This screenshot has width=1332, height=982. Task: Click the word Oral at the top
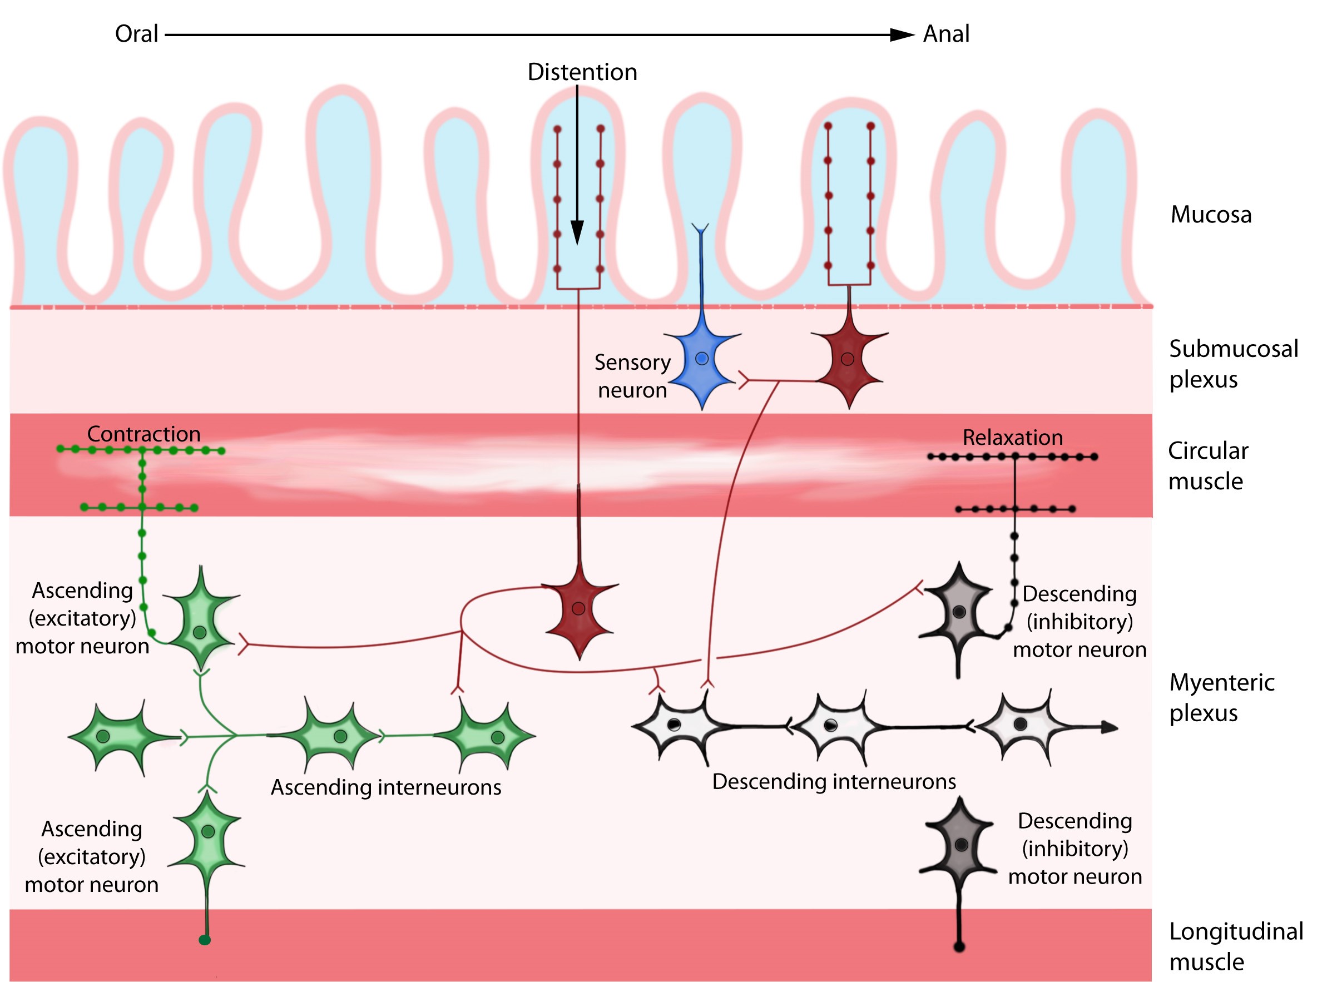[136, 34]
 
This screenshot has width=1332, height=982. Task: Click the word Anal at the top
[945, 34]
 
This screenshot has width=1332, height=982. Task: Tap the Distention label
[582, 72]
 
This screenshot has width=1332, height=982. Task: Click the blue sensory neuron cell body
[701, 360]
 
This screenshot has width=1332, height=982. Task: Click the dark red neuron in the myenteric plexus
[578, 609]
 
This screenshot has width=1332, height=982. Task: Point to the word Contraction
[143, 434]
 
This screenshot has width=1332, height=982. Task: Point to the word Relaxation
[1012, 438]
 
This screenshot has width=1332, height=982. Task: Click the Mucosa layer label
[1211, 215]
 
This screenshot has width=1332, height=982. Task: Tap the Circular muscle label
[1207, 465]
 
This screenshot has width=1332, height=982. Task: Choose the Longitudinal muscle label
[1235, 946]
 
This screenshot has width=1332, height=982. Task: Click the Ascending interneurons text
[386, 787]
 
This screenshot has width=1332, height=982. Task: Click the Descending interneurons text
[833, 781]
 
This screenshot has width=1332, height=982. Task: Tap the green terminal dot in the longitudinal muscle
[205, 940]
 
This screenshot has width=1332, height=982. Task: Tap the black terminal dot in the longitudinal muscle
[959, 946]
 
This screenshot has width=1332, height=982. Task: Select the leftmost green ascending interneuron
[105, 736]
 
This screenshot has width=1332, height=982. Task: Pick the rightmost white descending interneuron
[1020, 724]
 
